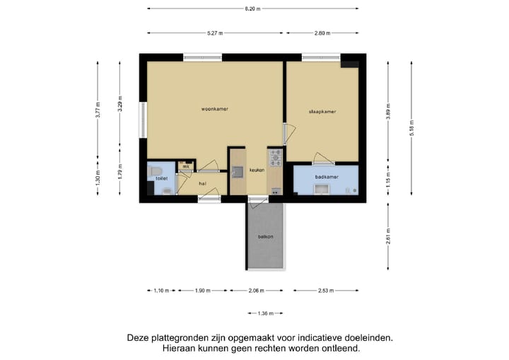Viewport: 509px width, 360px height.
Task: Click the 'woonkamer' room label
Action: coord(214,109)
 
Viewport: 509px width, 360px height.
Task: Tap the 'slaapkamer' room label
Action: coord(322,112)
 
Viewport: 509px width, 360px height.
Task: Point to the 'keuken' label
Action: coord(257,170)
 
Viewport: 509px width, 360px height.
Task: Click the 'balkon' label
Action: coord(265,236)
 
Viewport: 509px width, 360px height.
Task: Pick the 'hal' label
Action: coord(202,183)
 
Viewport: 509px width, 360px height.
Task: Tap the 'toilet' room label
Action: coord(161,180)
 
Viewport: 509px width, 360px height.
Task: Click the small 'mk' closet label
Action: coord(185,167)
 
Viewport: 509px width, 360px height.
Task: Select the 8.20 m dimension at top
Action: coord(252,8)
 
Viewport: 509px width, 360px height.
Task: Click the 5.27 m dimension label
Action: coord(215,33)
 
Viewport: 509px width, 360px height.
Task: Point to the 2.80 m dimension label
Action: coord(322,33)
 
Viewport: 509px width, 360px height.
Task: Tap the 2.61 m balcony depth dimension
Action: coord(388,234)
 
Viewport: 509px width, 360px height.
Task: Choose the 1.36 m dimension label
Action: coord(265,313)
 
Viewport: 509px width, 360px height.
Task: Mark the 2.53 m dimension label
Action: coord(326,291)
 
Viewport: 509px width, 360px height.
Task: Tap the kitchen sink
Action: coord(237,170)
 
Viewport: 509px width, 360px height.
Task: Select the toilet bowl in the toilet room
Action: coord(157,171)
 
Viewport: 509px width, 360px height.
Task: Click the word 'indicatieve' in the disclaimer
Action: coord(302,338)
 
